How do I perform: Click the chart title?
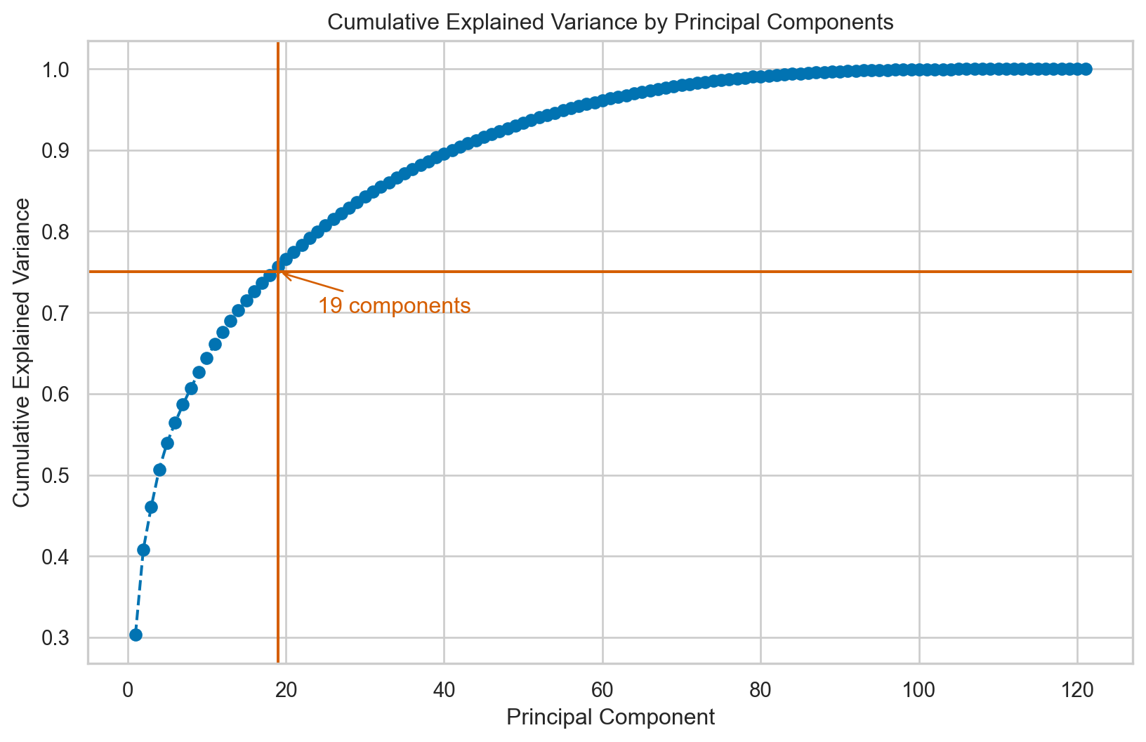[610, 22]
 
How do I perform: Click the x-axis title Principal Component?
[610, 717]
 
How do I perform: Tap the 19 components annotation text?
[394, 306]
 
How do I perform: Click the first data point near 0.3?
[136, 635]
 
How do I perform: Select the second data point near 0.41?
[143, 550]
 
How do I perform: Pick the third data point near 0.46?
[151, 507]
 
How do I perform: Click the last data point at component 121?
[1085, 69]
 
